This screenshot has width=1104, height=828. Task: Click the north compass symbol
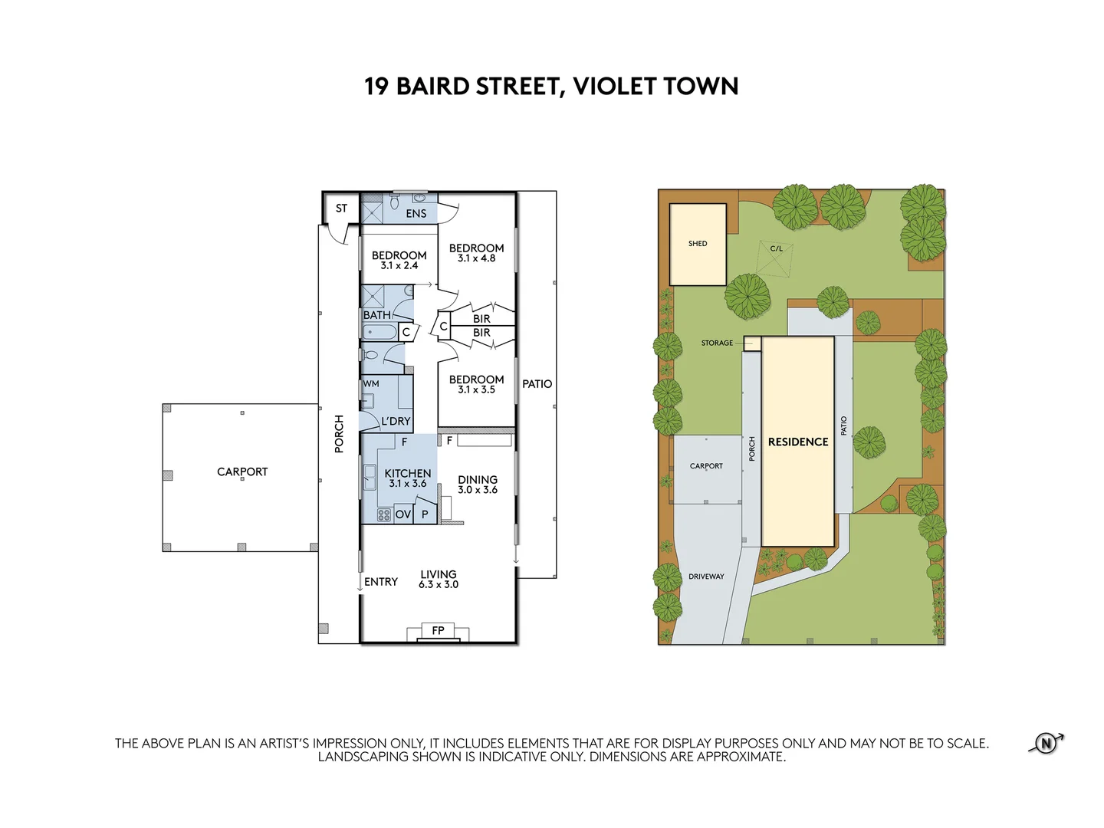tap(1046, 743)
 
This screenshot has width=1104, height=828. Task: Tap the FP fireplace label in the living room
tap(438, 630)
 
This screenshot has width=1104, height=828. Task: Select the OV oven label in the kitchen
tap(402, 514)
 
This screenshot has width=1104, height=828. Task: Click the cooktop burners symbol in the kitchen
tap(384, 514)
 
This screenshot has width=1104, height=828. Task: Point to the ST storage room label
tap(341, 208)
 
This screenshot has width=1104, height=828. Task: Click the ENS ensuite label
tap(416, 214)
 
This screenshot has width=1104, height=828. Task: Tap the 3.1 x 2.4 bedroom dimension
tap(399, 265)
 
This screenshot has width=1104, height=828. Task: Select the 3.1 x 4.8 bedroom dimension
tap(476, 258)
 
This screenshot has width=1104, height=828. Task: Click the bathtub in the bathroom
tap(379, 332)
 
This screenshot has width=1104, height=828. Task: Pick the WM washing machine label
tap(371, 383)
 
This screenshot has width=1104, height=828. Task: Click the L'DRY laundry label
tap(396, 422)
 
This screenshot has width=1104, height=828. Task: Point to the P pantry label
tap(425, 514)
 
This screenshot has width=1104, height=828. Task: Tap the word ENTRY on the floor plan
tap(381, 582)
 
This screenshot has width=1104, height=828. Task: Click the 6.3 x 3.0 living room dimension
tap(438, 585)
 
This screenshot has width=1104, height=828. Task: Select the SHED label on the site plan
tap(698, 243)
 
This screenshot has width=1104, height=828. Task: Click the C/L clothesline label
tap(776, 248)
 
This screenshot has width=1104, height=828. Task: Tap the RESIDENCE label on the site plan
tap(797, 442)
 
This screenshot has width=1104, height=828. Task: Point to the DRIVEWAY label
tap(706, 577)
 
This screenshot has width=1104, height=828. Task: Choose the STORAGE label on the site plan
tap(717, 343)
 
